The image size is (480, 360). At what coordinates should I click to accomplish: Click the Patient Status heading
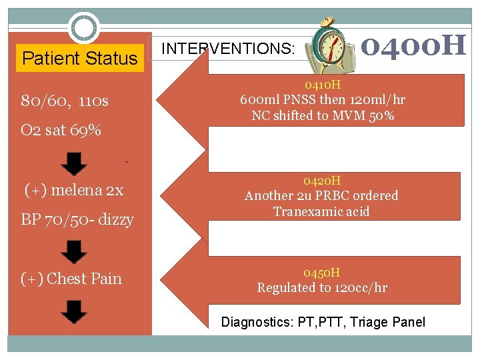click(x=79, y=59)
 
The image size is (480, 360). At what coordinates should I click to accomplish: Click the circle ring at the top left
click(x=85, y=28)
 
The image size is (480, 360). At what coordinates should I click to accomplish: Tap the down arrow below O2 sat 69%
click(x=77, y=163)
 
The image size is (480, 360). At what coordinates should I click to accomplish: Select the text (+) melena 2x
click(x=74, y=191)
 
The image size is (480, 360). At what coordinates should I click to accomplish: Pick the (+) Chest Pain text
click(x=72, y=279)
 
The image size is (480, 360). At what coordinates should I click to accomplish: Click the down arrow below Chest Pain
click(x=77, y=311)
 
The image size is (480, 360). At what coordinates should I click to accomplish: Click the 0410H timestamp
click(x=323, y=85)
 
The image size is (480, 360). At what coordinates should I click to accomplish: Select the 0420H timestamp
click(x=322, y=181)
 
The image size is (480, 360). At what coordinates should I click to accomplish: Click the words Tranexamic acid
click(x=321, y=212)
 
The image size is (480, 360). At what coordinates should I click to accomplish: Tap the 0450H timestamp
click(x=322, y=273)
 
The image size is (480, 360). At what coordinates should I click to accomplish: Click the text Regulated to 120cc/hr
click(x=322, y=288)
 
